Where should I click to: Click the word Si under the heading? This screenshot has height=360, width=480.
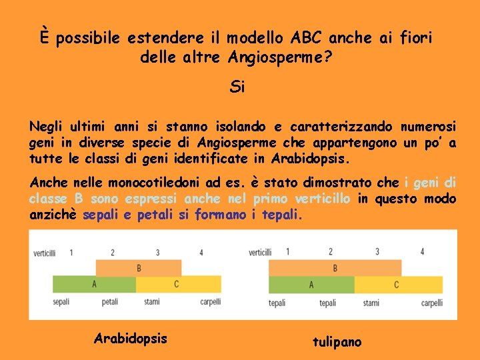[237, 87]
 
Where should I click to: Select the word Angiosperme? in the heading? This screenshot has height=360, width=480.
[280, 57]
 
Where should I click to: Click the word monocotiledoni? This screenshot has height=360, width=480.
[144, 182]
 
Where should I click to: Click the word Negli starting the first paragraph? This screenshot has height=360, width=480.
[44, 126]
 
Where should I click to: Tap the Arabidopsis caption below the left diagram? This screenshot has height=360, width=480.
[131, 338]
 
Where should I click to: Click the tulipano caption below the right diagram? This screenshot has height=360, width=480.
[337, 342]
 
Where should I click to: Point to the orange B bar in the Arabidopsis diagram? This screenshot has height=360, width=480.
[138, 268]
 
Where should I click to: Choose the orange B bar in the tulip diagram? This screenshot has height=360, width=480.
[335, 268]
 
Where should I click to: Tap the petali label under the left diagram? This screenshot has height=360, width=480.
[110, 302]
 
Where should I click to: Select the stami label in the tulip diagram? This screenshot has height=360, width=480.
[371, 303]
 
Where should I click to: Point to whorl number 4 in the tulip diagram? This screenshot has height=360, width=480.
[422, 251]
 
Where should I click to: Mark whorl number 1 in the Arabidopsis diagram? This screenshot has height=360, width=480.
[71, 252]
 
